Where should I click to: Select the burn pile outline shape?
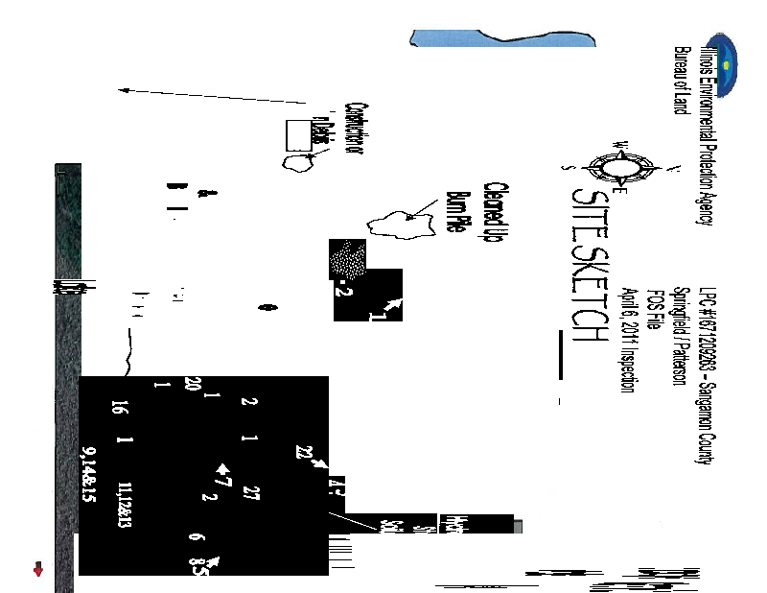[x=398, y=226]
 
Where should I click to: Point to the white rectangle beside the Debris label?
[x=298, y=134]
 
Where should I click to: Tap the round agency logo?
[x=726, y=65]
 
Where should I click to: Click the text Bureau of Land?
[x=681, y=81]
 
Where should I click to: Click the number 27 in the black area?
[x=252, y=492]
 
